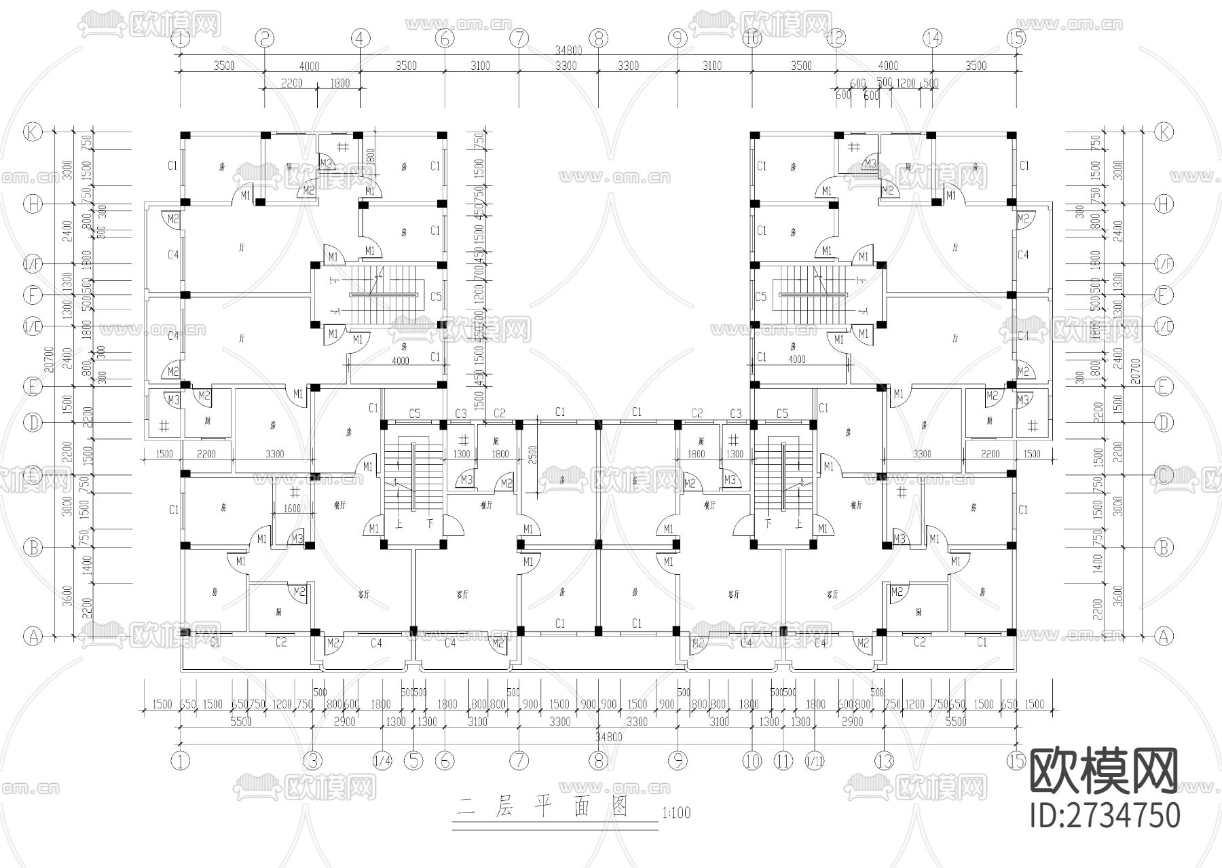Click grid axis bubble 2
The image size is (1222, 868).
point(265,39)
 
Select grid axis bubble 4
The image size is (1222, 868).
point(360,39)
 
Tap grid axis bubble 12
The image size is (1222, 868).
point(836,39)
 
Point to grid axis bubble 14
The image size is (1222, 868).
point(932,39)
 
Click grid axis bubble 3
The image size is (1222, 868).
point(312,761)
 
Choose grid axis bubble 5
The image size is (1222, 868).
point(413,761)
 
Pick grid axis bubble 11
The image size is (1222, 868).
point(783,761)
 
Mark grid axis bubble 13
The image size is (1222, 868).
point(884,761)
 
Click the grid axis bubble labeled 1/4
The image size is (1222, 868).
point(383,761)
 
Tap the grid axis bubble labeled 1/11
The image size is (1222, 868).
point(814,761)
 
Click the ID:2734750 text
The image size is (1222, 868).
point(1105,815)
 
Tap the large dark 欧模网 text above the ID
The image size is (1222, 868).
point(1104,771)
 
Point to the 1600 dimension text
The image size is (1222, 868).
point(292,508)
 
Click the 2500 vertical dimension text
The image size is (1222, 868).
point(533,453)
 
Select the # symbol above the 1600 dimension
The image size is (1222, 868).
point(295,492)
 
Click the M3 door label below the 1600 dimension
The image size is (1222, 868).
point(297,538)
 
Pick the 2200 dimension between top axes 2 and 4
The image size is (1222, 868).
point(290,83)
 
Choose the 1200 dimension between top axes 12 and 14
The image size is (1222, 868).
point(906,83)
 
